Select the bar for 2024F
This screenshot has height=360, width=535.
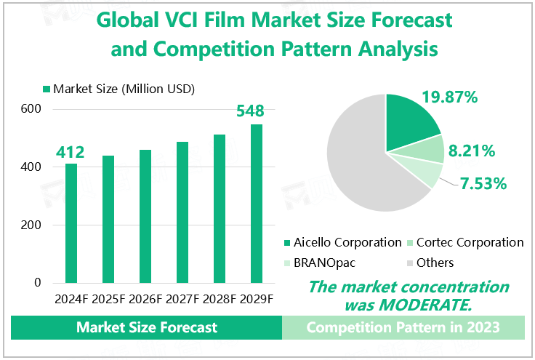[71, 223]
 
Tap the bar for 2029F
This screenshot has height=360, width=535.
[257, 203]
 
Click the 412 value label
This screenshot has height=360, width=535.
[71, 152]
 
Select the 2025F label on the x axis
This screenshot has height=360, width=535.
[108, 299]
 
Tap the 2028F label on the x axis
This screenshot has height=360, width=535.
[219, 299]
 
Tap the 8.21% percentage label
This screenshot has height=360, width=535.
[472, 151]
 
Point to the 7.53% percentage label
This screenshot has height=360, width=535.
[482, 183]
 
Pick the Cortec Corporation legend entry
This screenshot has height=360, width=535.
[472, 242]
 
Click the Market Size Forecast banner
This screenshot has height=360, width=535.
[147, 328]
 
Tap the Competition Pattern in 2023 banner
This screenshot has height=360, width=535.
[403, 328]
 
